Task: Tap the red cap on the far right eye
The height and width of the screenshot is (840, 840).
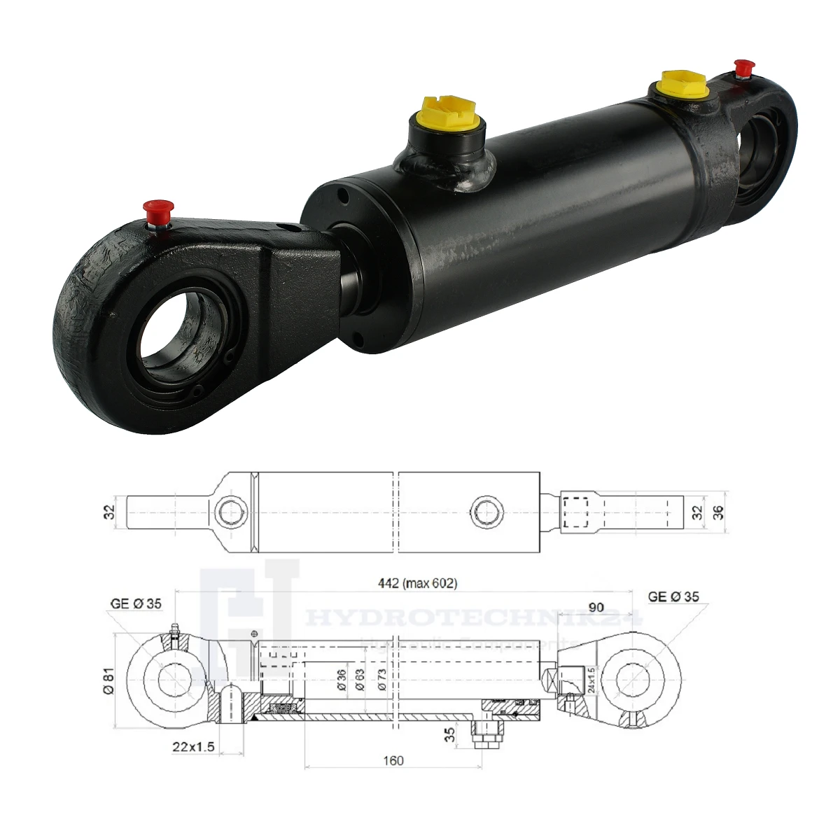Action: point(743,68)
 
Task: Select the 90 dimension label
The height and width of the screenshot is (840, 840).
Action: point(596,607)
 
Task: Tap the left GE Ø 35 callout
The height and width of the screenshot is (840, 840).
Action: point(136,604)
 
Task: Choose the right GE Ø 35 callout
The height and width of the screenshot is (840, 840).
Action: point(673,597)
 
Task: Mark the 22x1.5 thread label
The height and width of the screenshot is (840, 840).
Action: point(193,746)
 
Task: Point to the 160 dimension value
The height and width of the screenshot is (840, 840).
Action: point(393,761)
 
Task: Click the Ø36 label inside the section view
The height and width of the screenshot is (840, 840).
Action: point(342,680)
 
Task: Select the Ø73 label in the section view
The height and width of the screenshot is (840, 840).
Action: point(381,680)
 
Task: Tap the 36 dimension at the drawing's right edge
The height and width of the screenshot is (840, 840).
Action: point(717,512)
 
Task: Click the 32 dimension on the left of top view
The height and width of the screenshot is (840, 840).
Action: point(108,512)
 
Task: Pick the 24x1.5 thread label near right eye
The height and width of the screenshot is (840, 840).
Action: point(591,680)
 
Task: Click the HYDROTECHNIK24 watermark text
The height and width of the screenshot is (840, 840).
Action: point(476,620)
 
